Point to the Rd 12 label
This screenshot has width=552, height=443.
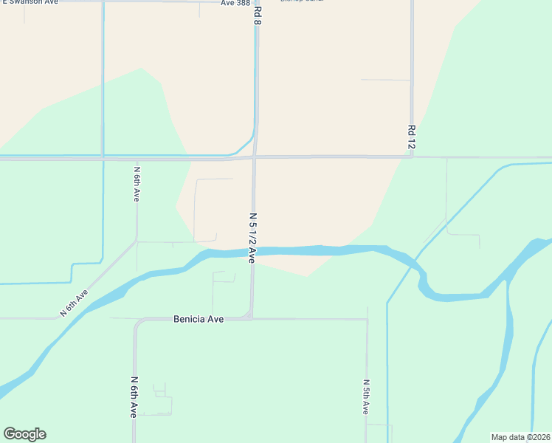click(x=411, y=138)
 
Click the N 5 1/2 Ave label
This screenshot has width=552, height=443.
click(x=252, y=238)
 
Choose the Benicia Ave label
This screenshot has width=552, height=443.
click(x=199, y=319)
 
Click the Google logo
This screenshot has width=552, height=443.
click(x=24, y=434)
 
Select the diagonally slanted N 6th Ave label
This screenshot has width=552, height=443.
click(x=74, y=303)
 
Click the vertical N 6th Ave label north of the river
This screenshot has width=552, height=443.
click(x=137, y=184)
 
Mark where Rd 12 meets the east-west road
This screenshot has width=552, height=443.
click(x=411, y=157)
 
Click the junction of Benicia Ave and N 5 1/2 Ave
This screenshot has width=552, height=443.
click(x=252, y=319)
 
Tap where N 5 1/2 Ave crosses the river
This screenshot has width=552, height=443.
click(x=252, y=252)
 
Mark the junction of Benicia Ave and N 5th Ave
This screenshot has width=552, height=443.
click(x=367, y=320)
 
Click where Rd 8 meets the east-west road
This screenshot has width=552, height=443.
click(x=255, y=157)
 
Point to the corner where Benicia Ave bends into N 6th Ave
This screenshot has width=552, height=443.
click(x=137, y=322)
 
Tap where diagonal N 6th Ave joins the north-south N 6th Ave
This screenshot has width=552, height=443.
click(x=137, y=241)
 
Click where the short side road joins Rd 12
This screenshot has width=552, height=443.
click(x=410, y=80)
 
